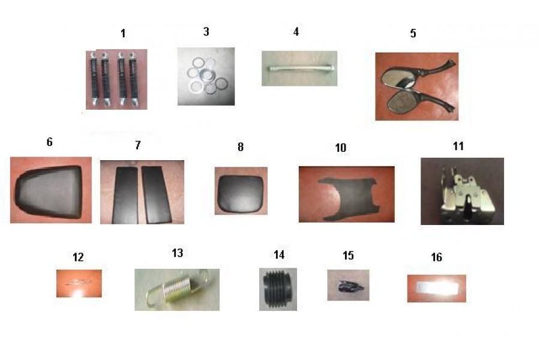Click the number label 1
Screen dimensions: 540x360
coord(123,34)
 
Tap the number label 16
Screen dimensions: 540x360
coord(436,257)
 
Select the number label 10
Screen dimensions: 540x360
coord(341,148)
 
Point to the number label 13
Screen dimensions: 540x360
coord(178,253)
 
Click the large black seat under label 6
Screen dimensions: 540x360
coord(49,191)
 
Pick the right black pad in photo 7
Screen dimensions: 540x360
coord(156,194)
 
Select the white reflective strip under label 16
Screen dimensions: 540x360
coord(437,287)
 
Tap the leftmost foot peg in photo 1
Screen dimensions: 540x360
coord(94,79)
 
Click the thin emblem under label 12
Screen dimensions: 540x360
coord(79,283)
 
